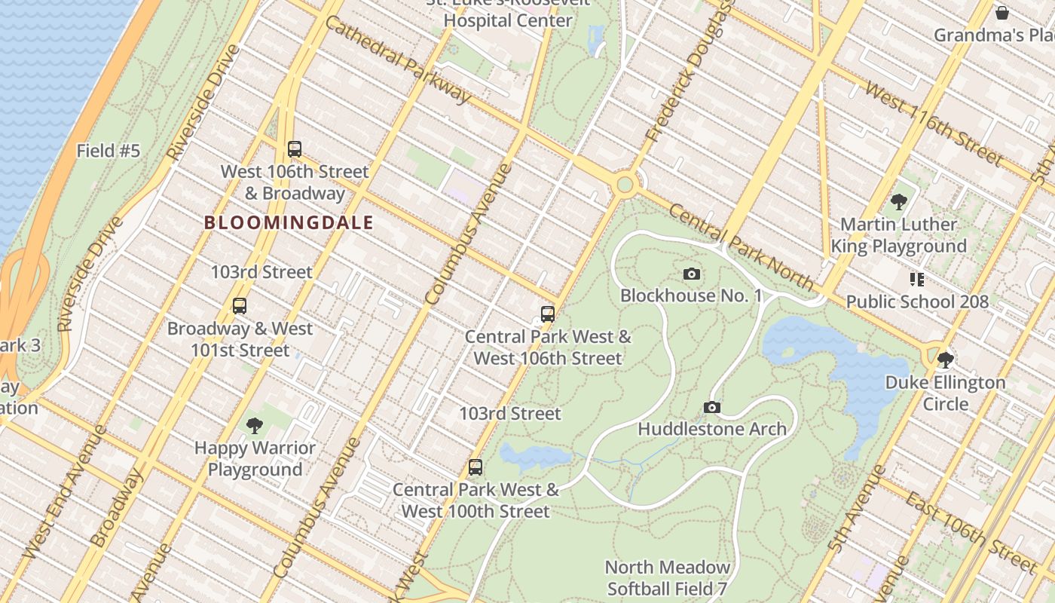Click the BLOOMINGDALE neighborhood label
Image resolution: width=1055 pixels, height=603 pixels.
(289, 222)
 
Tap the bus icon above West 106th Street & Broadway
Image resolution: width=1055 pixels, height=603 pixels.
(295, 149)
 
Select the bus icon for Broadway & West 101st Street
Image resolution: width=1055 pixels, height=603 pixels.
(240, 306)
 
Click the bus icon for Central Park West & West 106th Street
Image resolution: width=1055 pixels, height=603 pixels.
(548, 314)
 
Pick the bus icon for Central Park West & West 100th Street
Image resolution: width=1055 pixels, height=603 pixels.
(475, 467)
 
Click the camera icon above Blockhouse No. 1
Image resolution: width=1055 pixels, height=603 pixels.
(691, 274)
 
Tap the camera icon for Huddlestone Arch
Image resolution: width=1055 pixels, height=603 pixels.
(711, 408)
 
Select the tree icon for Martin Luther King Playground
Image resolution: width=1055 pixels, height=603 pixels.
(898, 201)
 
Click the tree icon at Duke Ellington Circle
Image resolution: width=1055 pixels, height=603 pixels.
(945, 360)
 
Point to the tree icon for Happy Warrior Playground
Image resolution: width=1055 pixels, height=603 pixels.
(255, 426)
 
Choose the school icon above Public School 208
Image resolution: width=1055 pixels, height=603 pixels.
(916, 280)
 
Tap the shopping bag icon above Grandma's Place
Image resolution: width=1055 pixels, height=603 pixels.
(1001, 13)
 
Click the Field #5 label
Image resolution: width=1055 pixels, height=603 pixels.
(109, 151)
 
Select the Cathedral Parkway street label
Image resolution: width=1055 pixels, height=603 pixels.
(399, 60)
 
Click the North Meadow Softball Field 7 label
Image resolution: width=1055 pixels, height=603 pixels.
(667, 577)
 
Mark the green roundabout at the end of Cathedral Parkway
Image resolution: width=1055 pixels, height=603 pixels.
(624, 184)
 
